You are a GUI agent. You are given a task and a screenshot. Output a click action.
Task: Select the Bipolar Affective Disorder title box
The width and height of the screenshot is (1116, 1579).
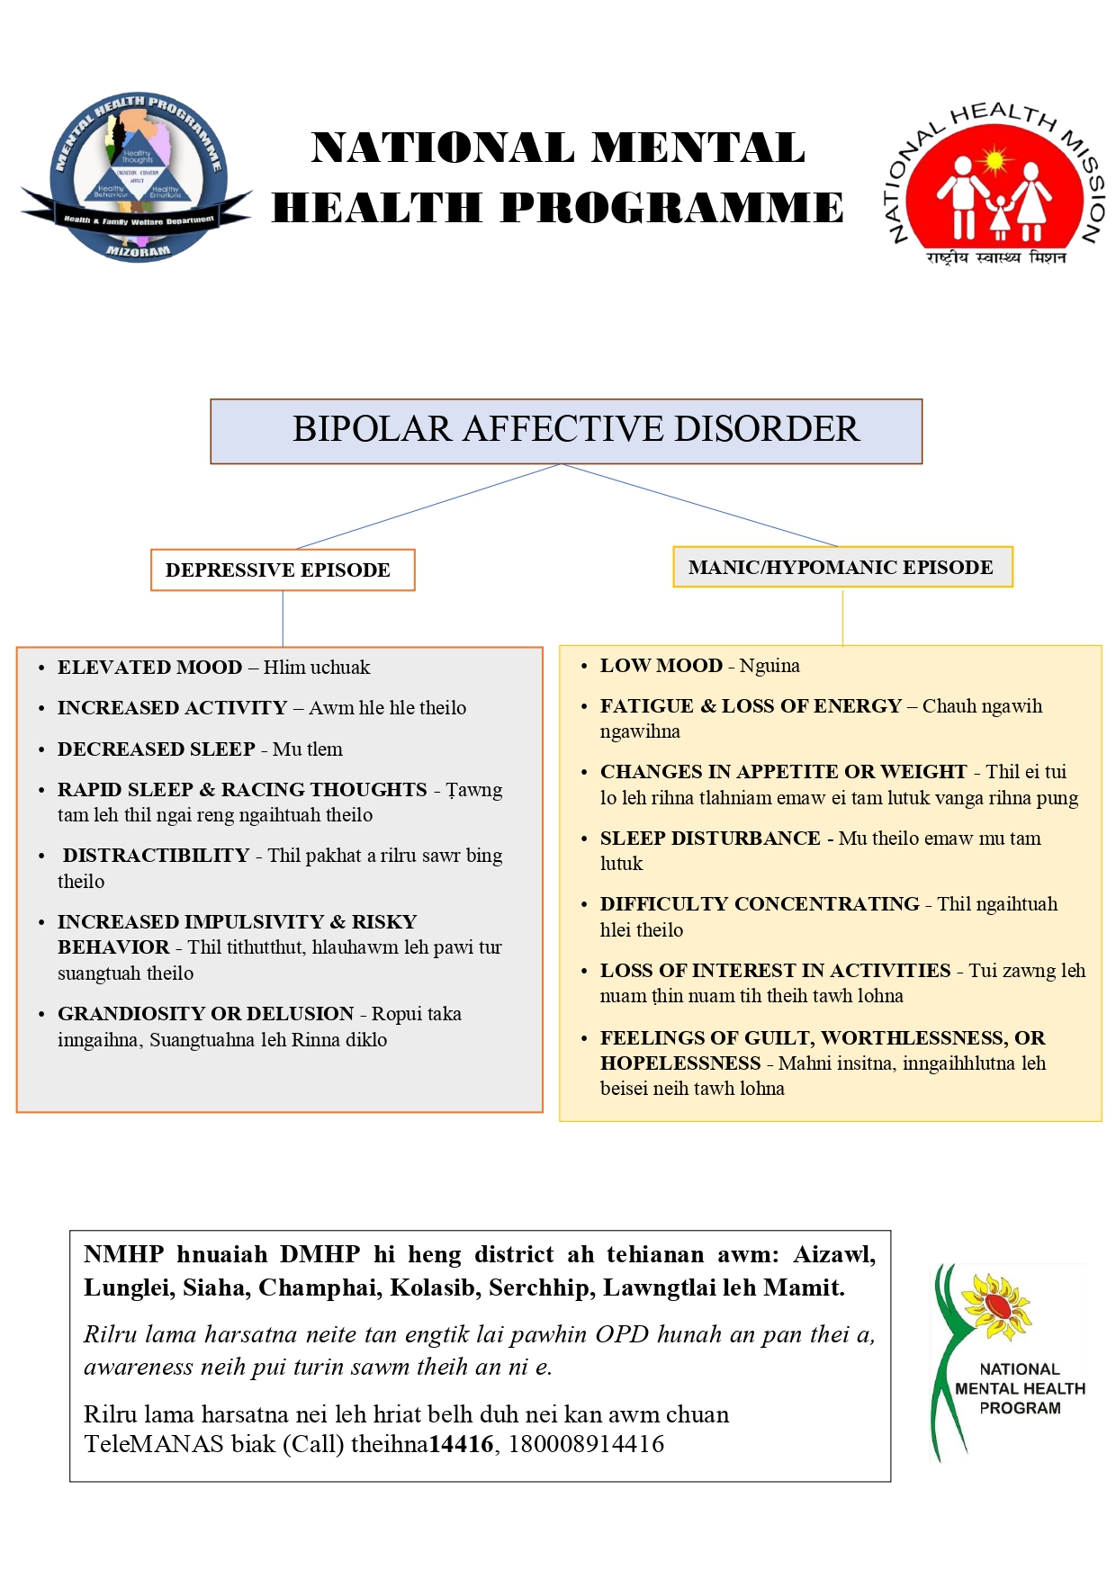pyautogui.click(x=566, y=431)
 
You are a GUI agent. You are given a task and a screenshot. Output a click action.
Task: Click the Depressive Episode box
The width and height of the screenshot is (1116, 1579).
pyautogui.click(x=283, y=570)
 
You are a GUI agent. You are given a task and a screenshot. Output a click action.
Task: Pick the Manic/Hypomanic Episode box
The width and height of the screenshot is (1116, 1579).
pyautogui.click(x=841, y=568)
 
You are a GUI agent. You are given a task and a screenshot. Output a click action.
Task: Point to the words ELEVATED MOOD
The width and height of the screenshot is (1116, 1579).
pyautogui.click(x=149, y=668)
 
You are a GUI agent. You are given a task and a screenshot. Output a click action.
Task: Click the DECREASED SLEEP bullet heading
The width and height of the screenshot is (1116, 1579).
pyautogui.click(x=157, y=749)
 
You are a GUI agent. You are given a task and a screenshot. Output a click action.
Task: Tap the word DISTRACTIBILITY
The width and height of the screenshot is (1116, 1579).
pyautogui.click(x=156, y=856)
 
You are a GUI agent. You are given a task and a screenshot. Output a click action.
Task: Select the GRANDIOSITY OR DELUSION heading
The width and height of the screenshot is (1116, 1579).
pyautogui.click(x=205, y=1014)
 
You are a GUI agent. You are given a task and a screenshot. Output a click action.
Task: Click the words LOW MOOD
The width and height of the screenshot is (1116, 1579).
pyautogui.click(x=661, y=666)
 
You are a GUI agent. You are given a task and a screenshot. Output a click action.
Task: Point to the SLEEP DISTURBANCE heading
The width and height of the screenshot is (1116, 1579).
pyautogui.click(x=710, y=839)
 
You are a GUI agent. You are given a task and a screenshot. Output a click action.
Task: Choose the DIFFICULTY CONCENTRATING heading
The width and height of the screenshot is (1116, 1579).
pyautogui.click(x=760, y=904)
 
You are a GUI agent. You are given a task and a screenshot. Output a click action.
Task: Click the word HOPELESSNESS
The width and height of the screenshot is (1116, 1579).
pyautogui.click(x=680, y=1063)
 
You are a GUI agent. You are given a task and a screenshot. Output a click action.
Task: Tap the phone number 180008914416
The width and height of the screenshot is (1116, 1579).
pyautogui.click(x=586, y=1444)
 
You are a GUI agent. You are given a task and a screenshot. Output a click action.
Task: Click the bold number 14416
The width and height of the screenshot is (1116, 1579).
pyautogui.click(x=461, y=1444)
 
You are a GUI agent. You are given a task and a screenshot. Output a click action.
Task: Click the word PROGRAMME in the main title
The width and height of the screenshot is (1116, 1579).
pyautogui.click(x=672, y=208)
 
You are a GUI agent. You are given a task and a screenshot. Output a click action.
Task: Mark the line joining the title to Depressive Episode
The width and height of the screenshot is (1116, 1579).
pyautogui.click(x=427, y=507)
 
